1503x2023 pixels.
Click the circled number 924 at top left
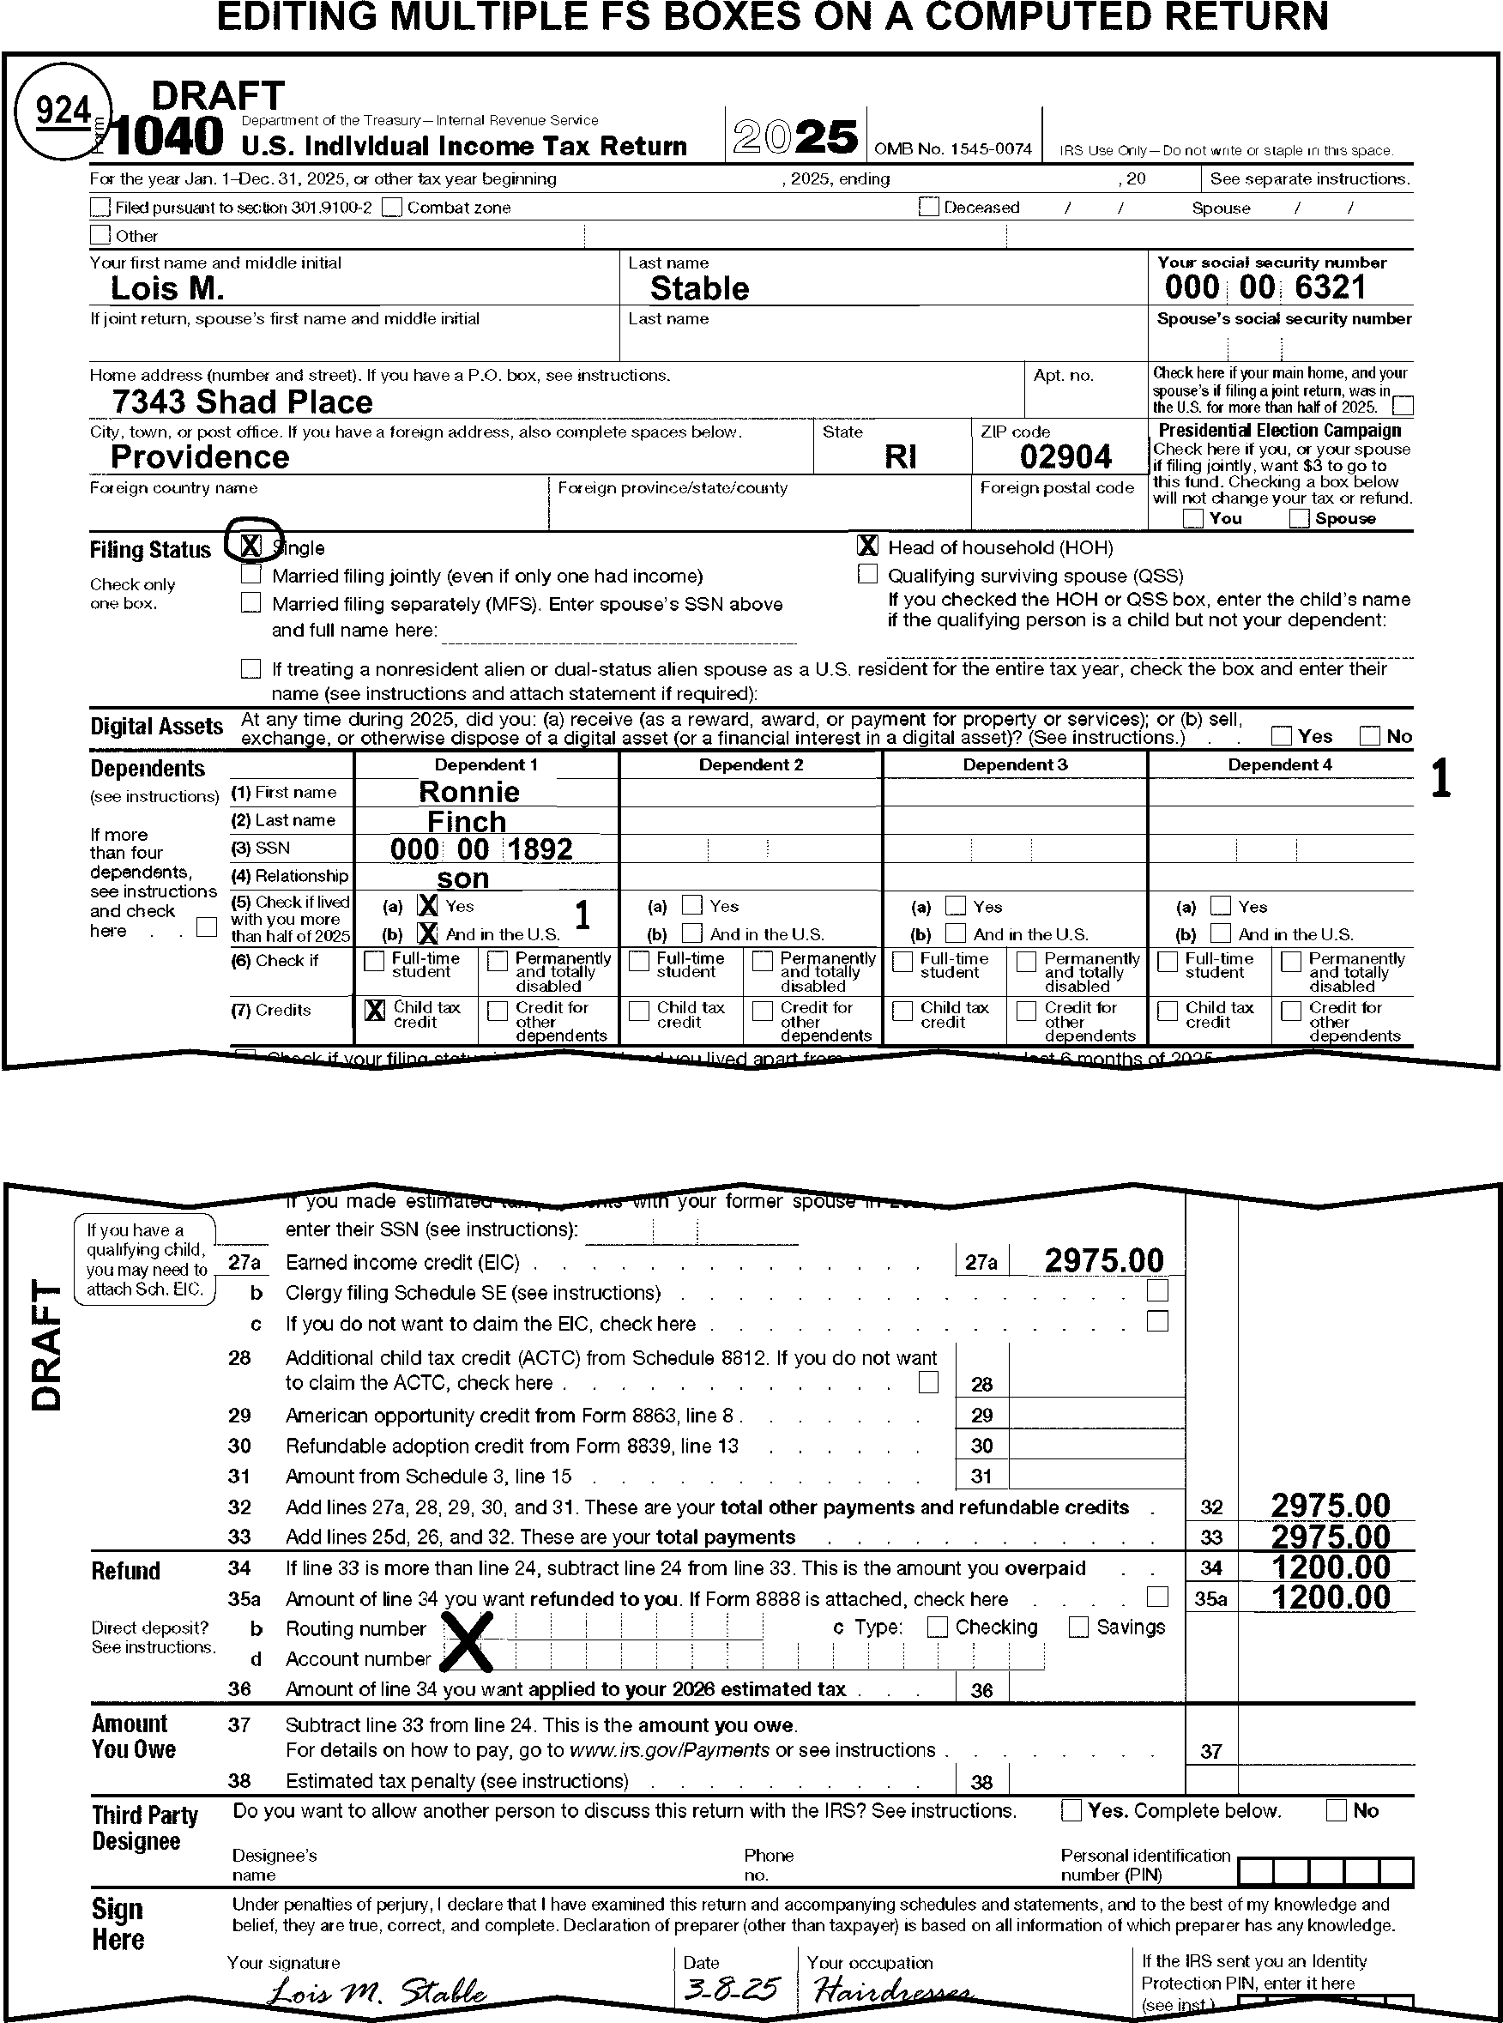pos(63,111)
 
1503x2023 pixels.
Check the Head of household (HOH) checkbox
pos(868,546)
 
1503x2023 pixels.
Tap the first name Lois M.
pos(167,288)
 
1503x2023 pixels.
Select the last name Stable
pos(698,288)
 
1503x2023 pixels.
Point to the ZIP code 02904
pos(1065,456)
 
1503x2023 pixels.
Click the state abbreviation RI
pos(900,456)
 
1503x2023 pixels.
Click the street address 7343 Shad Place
pos(242,402)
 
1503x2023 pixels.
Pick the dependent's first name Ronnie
pos(468,791)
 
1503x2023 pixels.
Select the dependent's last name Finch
pos(467,821)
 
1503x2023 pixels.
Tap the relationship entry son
pos(462,879)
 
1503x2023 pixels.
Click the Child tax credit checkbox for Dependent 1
pos(374,1010)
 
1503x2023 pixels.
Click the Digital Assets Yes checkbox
pos(1281,736)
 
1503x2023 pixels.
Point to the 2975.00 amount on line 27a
pos(1103,1261)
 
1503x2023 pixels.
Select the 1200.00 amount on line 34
pos(1330,1567)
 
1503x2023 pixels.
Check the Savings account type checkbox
pos(1078,1627)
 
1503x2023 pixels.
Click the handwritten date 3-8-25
pos(731,1990)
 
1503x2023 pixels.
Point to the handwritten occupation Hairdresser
pos(891,1992)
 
